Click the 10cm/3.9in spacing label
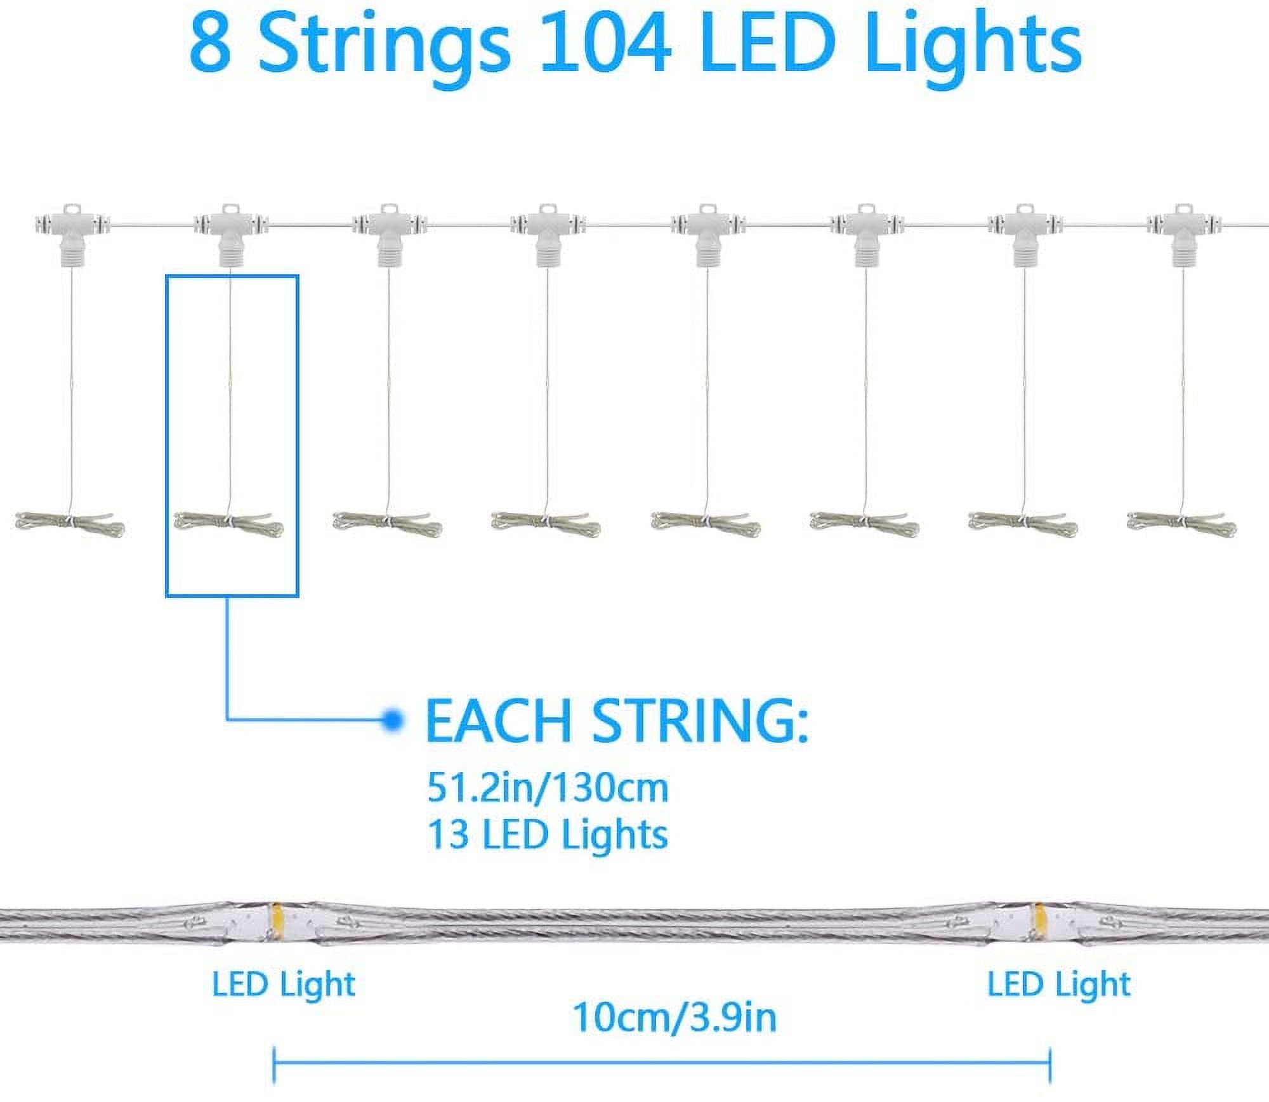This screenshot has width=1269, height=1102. (674, 1017)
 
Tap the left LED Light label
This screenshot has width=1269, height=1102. (284, 985)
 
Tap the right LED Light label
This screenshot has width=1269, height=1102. (1059, 985)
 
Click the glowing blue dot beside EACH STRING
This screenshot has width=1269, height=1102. (393, 720)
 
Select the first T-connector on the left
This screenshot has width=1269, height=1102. (71, 232)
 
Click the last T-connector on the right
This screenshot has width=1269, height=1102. (1182, 232)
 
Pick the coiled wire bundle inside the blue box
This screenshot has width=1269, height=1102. (229, 522)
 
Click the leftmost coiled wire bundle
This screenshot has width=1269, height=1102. (70, 522)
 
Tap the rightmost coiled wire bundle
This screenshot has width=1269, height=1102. (1181, 522)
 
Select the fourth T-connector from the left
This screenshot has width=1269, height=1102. (548, 232)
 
